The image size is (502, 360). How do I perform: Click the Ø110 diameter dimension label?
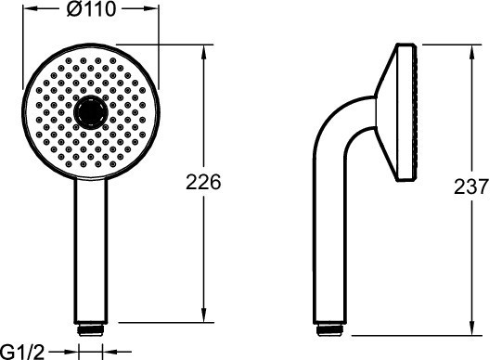pos(91,9)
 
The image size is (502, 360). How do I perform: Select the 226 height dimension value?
pos(203,182)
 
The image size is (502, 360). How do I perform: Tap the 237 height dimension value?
pos(471,186)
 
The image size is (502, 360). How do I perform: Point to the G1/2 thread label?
pos(22,353)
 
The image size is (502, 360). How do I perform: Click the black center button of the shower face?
pos(91,112)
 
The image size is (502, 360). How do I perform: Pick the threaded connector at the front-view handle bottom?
pos(91,330)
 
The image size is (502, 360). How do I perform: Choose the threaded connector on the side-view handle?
pos(329,330)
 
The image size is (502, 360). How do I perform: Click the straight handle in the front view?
pos(91,251)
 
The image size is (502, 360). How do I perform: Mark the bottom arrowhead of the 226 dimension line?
pos(203,315)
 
